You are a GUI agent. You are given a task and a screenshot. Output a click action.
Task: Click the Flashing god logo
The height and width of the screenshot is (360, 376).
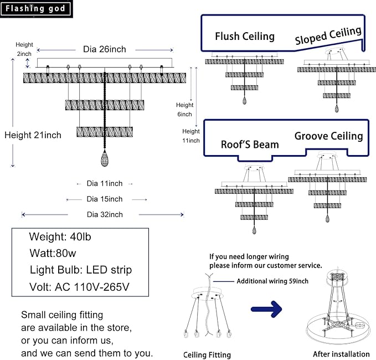(37, 8)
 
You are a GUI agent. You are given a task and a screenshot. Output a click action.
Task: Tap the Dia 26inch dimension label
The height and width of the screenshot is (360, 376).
(104, 49)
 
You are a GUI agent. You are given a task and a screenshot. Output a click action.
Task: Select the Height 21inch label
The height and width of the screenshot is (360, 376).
(33, 135)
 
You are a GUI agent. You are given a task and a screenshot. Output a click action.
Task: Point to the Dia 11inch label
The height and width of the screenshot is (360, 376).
(105, 183)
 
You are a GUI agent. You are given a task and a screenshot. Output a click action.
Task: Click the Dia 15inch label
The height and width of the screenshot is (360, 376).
(105, 199)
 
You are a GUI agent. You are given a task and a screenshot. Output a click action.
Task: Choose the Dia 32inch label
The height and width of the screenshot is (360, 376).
(105, 214)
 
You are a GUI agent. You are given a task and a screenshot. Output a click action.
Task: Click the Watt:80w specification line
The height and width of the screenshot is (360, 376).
(53, 254)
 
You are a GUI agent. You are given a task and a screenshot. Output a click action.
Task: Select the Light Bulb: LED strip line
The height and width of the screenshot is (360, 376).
(80, 270)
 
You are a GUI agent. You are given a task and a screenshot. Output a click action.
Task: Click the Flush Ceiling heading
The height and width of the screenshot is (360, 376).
(245, 37)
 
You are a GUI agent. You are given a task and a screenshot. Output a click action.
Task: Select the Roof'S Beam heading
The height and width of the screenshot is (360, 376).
(250, 145)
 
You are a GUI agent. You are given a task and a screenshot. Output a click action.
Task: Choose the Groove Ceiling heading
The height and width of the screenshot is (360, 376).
(328, 136)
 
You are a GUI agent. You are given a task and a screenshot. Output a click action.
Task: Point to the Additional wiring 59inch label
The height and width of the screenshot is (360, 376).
(272, 281)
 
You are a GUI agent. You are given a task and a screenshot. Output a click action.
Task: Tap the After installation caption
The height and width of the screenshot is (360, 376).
(341, 354)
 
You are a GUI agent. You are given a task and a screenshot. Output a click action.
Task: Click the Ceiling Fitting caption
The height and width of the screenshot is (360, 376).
(207, 354)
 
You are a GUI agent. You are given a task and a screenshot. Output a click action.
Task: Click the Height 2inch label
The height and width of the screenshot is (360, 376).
(24, 49)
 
